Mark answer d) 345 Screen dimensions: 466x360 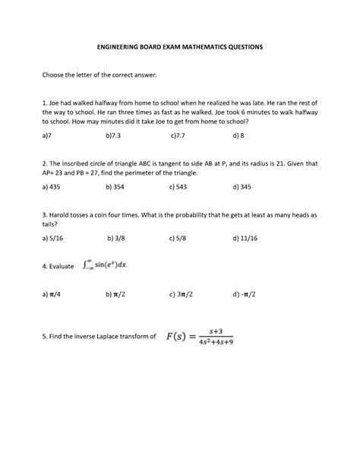[x=242, y=185]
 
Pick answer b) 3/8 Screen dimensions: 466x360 [x=117, y=238]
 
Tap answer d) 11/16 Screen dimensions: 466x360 [x=246, y=238]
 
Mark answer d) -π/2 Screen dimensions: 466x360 [x=244, y=293]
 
